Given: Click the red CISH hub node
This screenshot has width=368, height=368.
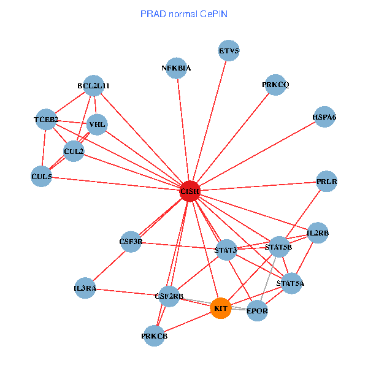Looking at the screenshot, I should pyautogui.click(x=190, y=191).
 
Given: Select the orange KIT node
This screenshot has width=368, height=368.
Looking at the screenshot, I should pyautogui.click(x=221, y=308).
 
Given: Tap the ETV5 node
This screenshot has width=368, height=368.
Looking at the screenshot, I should pyautogui.click(x=229, y=51).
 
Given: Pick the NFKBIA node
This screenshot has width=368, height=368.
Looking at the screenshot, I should pyautogui.click(x=177, y=69).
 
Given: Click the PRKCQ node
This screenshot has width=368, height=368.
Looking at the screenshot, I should pyautogui.click(x=275, y=85).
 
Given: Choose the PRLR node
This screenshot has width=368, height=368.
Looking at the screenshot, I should pyautogui.click(x=328, y=182).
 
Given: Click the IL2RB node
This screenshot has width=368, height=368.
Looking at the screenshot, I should pyautogui.click(x=318, y=233).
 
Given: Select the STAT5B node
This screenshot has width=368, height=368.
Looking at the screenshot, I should pyautogui.click(x=279, y=247).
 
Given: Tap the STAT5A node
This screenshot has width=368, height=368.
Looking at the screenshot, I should pyautogui.click(x=291, y=283).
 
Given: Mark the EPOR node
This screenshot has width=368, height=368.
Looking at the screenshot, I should pyautogui.click(x=257, y=312).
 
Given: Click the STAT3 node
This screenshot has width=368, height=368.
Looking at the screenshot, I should pyautogui.click(x=226, y=250).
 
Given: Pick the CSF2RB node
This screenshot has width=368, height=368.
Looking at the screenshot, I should pyautogui.click(x=170, y=297).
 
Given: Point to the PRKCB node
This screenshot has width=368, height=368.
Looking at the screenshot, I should pyautogui.click(x=155, y=335).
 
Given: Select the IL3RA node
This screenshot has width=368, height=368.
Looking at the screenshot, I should pyautogui.click(x=85, y=288).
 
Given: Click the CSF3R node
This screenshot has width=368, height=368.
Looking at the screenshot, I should pyautogui.click(x=131, y=242).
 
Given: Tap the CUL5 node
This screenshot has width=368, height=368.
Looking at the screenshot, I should pyautogui.click(x=42, y=177).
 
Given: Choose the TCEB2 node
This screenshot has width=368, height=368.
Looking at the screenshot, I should pyautogui.click(x=46, y=119).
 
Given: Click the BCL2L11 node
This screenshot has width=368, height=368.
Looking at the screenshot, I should pyautogui.click(x=94, y=86).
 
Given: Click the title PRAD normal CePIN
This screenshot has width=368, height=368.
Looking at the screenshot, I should pyautogui.click(x=184, y=13).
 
